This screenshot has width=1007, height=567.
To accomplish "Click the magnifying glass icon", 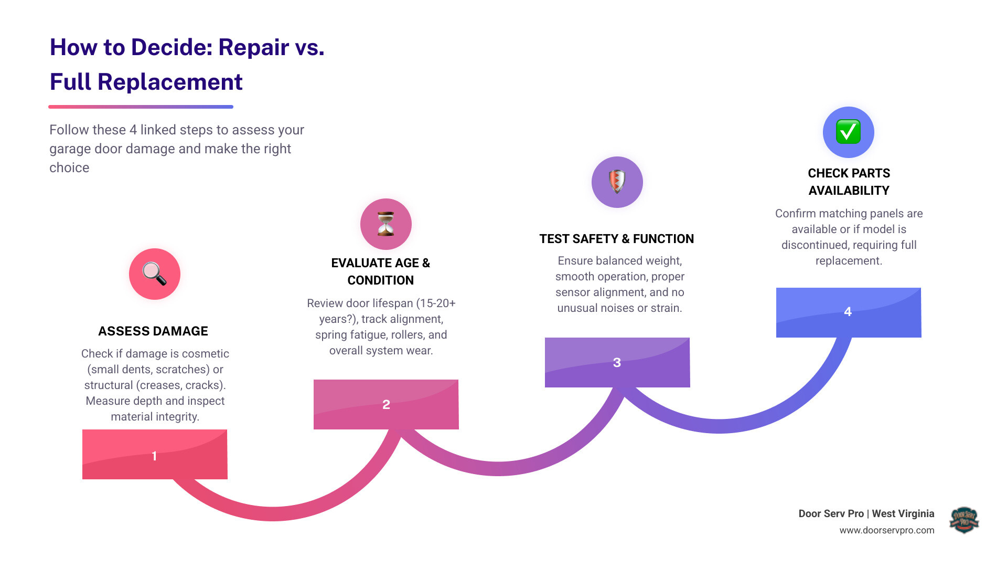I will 154,274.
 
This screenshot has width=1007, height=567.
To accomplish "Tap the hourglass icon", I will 385,224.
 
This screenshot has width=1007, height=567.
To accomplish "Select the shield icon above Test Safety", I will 617,182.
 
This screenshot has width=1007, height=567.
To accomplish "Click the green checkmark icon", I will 848,132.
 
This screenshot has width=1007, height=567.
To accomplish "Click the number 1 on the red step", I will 154,456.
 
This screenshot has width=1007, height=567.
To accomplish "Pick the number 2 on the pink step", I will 386,404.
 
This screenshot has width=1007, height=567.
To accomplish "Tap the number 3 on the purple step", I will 617,362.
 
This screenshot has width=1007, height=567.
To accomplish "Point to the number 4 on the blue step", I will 848,312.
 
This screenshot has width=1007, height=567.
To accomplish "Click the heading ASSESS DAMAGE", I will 153,331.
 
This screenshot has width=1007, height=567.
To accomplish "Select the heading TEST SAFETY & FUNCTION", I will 616,239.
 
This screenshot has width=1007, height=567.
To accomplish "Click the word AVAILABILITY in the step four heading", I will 849,191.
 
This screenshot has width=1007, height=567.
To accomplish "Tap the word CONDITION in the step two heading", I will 380,280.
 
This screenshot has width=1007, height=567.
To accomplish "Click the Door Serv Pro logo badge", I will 964,520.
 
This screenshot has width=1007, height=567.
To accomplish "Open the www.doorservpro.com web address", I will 886,530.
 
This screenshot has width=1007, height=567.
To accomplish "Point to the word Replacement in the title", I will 170,82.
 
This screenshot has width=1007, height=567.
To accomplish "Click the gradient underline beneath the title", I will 141,107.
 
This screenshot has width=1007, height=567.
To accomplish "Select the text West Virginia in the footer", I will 903,513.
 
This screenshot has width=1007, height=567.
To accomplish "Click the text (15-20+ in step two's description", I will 434,303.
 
